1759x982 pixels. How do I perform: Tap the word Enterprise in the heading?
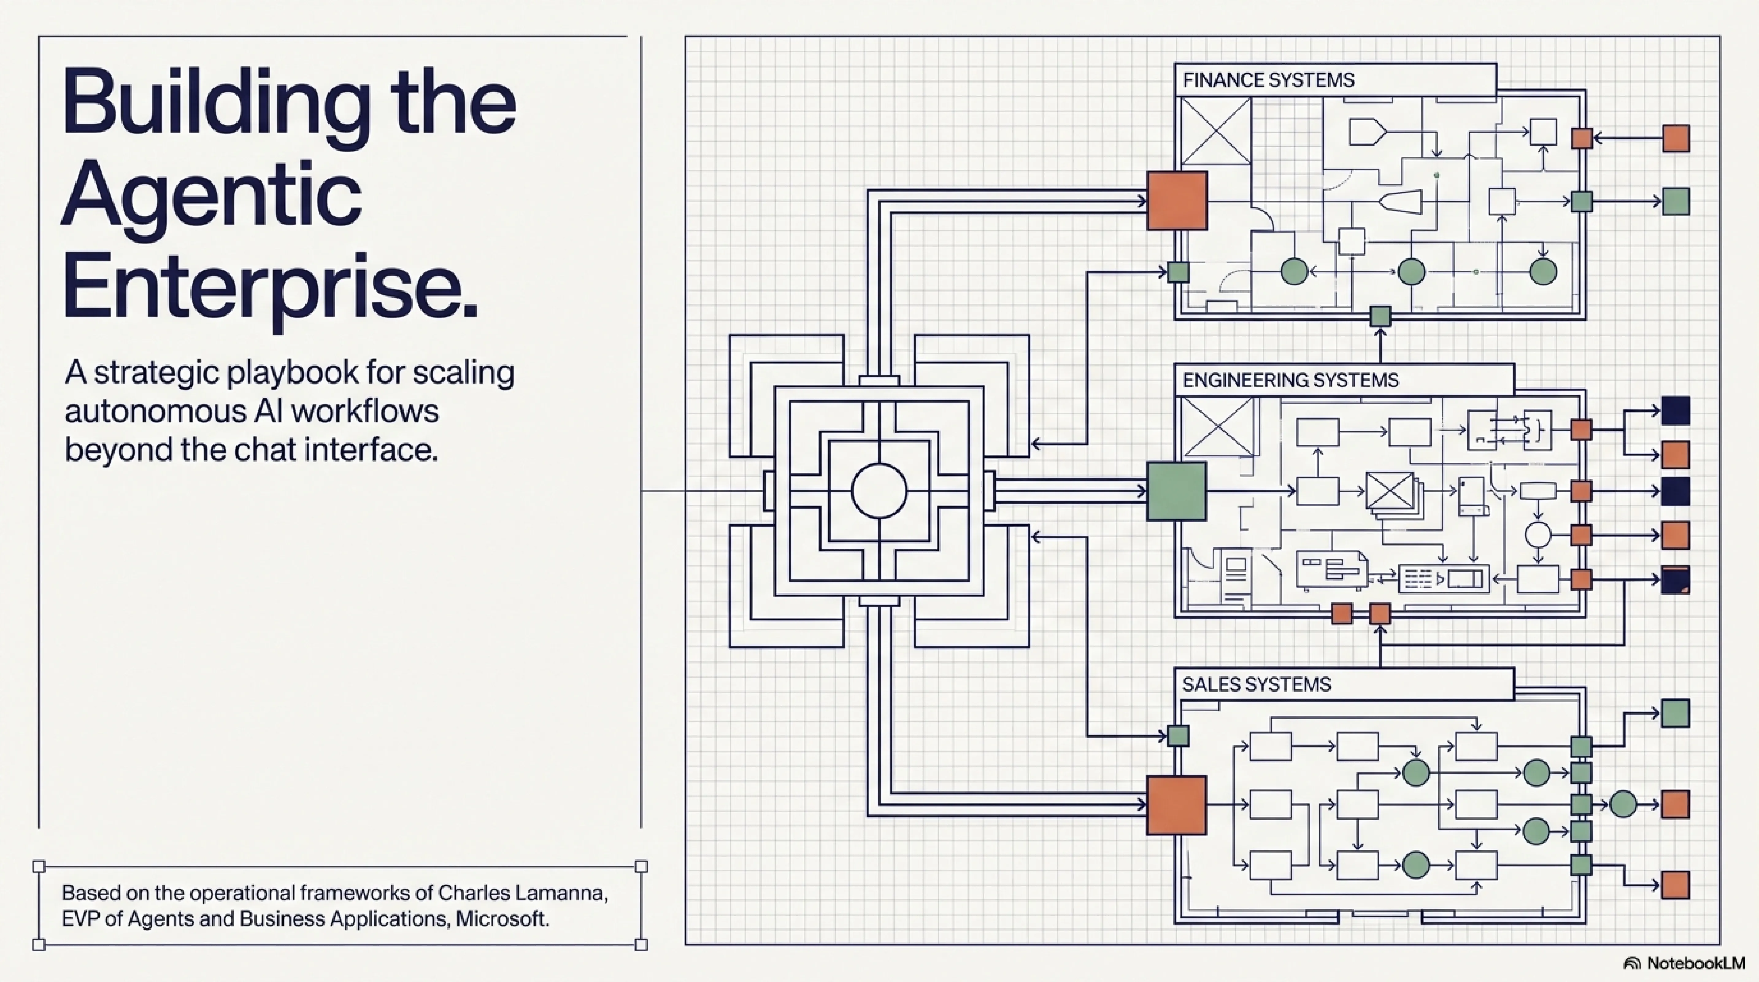(x=270, y=287)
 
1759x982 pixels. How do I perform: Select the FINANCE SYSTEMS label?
(x=1268, y=81)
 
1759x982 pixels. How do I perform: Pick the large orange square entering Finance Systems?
(x=1176, y=201)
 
